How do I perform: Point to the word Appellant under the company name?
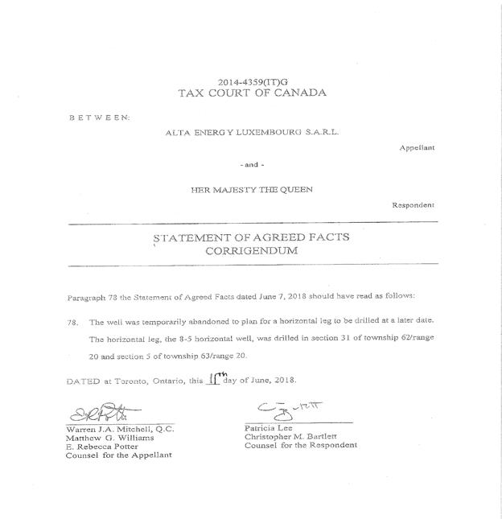(417, 149)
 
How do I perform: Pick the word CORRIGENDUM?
(251, 250)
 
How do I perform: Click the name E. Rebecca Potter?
(103, 446)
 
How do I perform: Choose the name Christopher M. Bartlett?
(293, 437)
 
